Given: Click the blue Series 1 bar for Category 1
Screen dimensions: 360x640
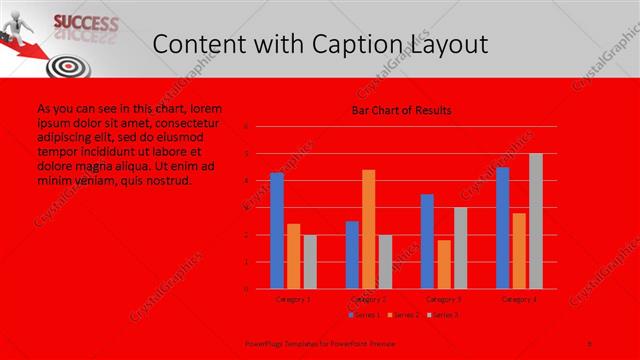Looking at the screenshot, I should tap(277, 231).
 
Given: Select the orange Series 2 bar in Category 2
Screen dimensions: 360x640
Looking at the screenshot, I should tap(368, 229).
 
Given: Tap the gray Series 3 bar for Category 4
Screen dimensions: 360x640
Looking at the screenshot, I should tap(536, 221).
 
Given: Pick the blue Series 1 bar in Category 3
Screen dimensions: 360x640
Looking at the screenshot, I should tap(427, 241).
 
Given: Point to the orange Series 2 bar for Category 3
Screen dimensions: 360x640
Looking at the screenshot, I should tap(443, 264).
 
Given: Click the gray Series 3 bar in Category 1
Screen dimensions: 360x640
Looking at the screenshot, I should tap(310, 262).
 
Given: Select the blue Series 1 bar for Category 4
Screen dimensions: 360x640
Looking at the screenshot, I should tap(502, 228).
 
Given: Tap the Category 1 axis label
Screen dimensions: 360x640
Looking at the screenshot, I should tap(293, 298).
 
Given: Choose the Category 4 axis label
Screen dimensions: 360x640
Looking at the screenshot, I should tap(519, 298).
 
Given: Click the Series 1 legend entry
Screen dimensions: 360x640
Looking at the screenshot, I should tap(364, 315).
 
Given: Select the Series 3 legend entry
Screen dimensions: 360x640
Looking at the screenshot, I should tap(443, 315).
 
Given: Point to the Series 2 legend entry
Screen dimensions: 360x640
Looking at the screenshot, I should tap(403, 315).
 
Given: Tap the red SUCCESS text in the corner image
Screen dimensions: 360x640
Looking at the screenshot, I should tap(84, 21).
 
